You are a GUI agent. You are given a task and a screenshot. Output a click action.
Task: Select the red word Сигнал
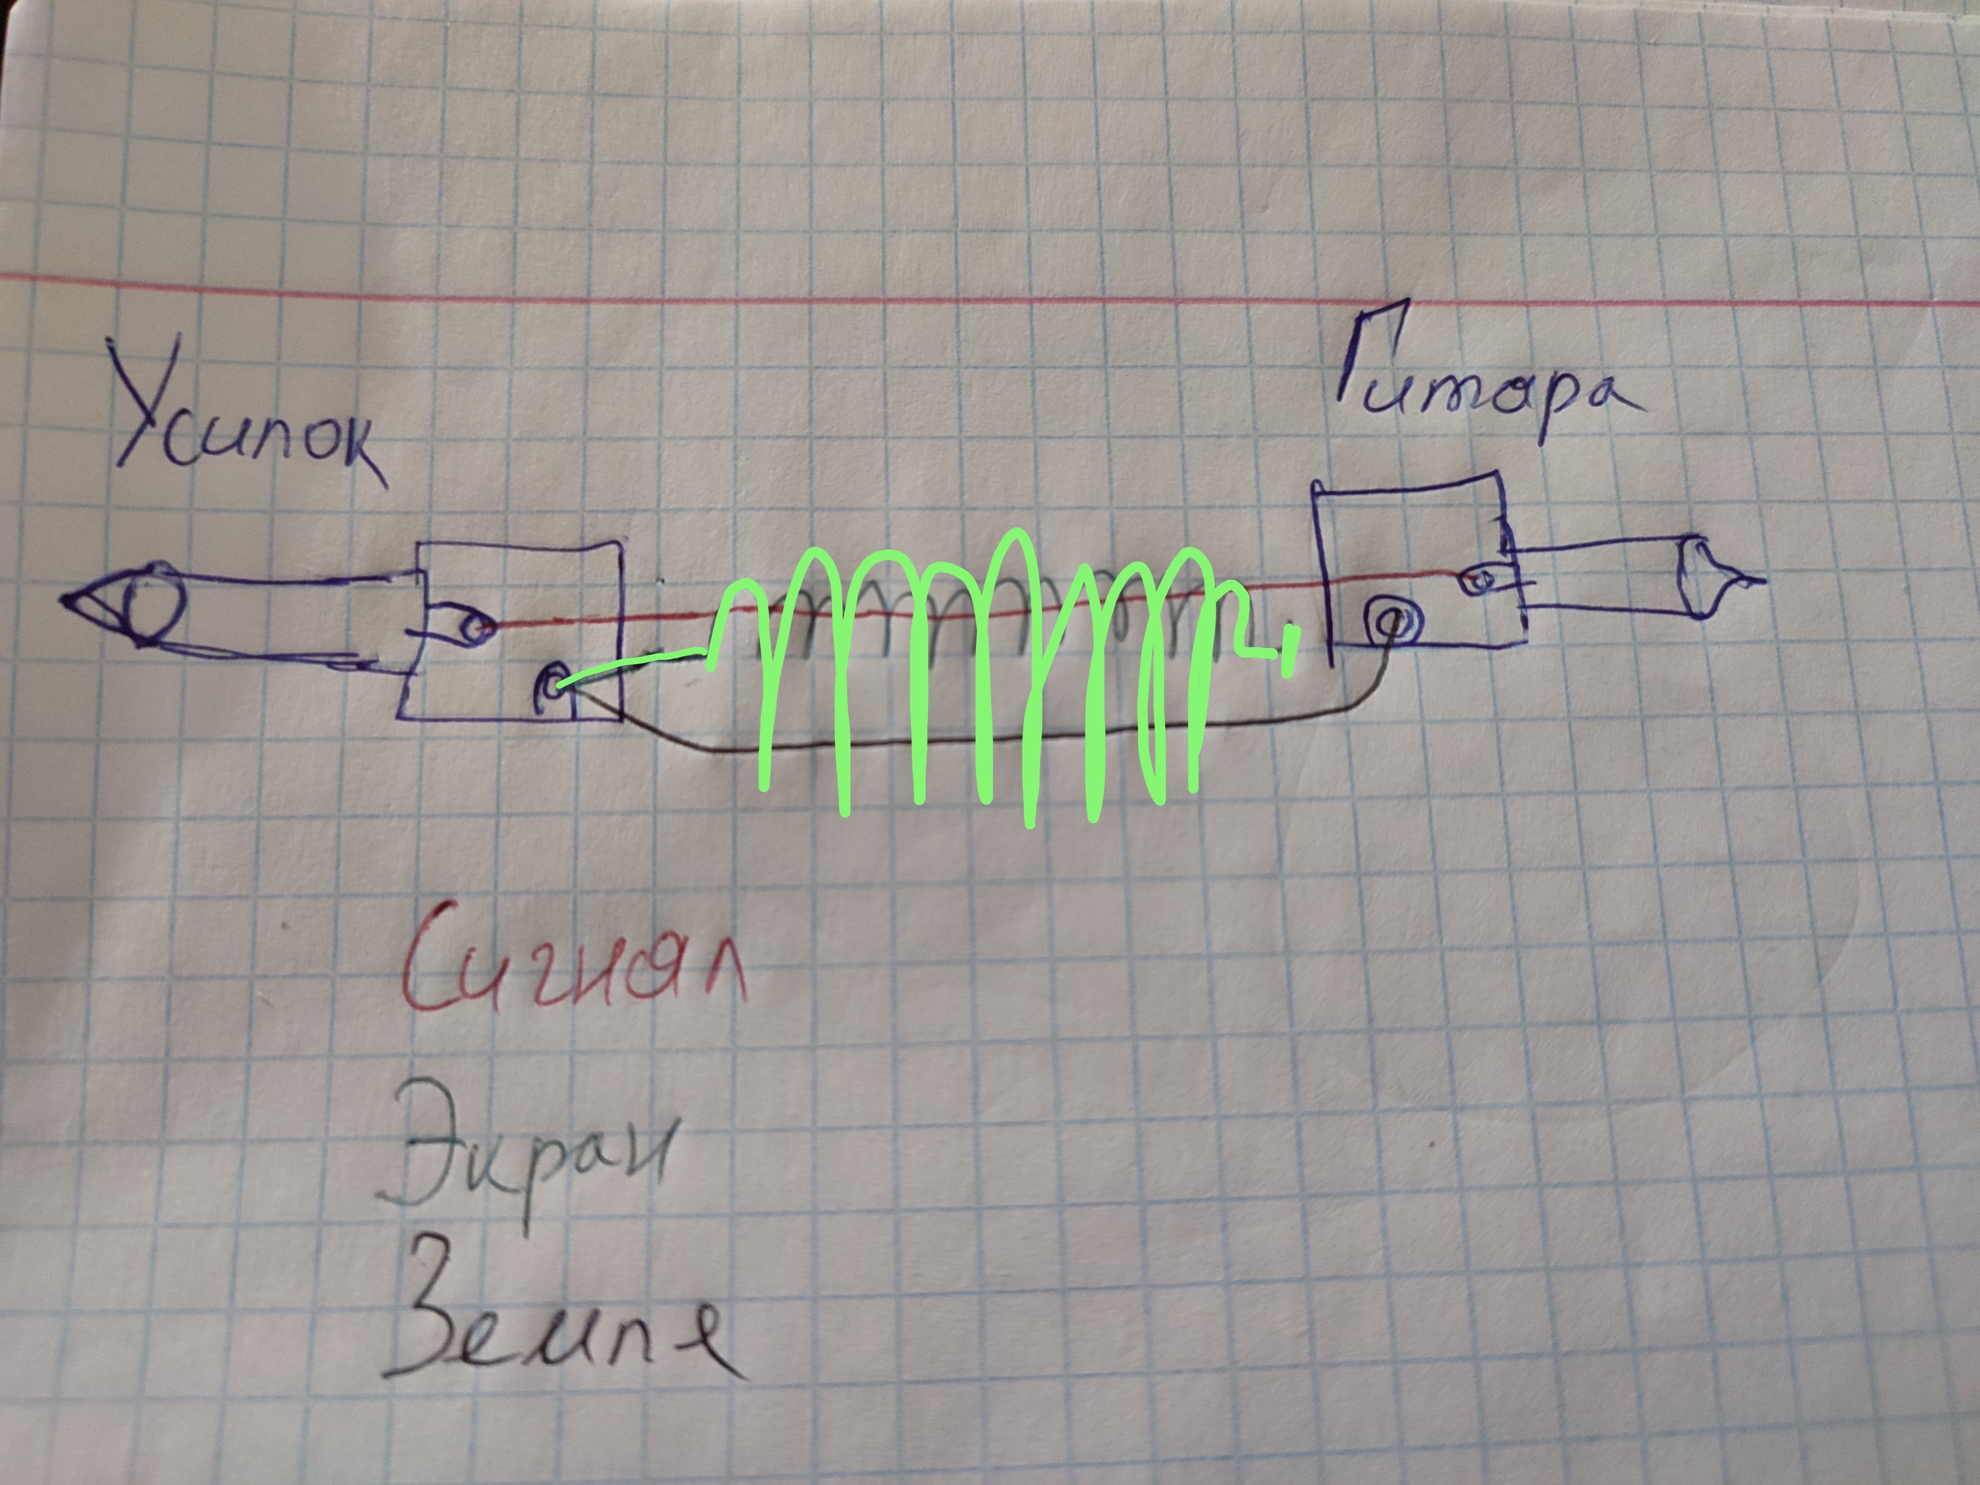tap(573, 971)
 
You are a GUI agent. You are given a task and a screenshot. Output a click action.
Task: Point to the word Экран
tap(528, 1150)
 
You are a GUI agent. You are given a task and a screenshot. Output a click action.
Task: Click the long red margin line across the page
tap(985, 291)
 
